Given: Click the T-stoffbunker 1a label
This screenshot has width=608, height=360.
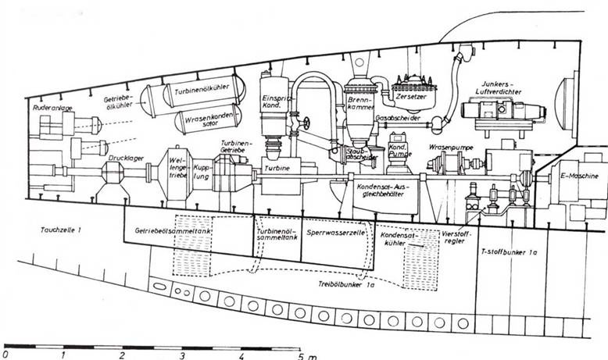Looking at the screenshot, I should [x=510, y=252].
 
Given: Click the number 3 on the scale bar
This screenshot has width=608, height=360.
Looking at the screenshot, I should [x=182, y=353].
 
